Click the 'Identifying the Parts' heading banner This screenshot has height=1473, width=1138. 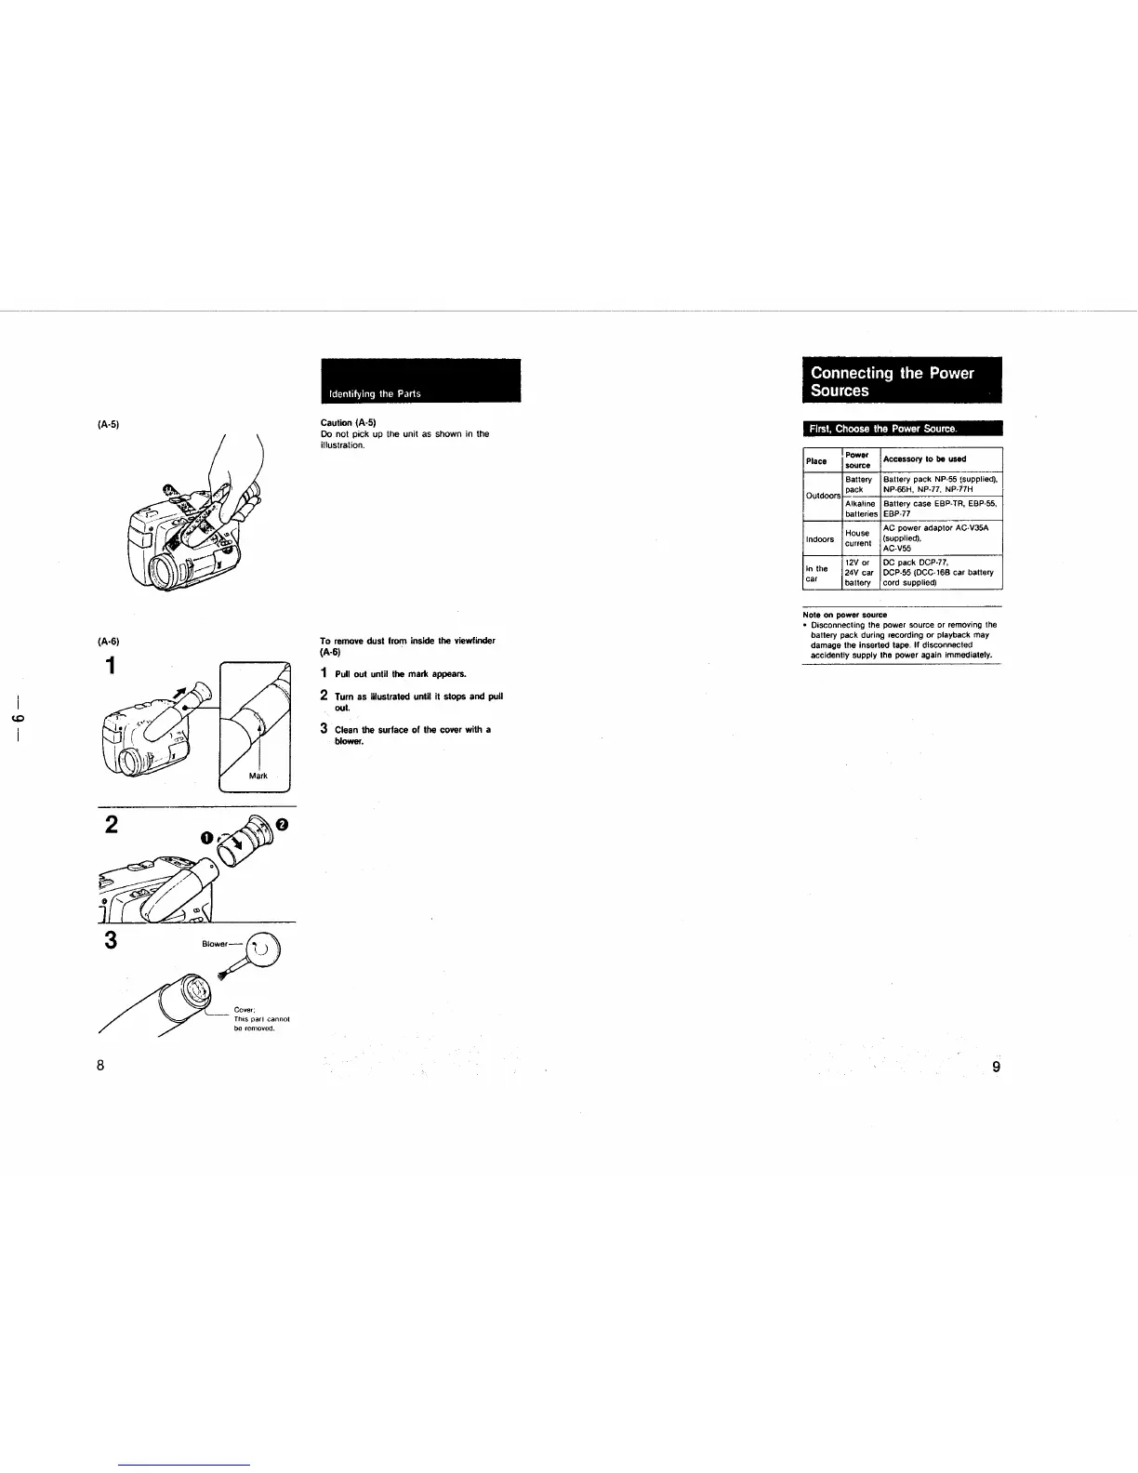coord(420,381)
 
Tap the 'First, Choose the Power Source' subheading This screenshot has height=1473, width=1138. coord(882,429)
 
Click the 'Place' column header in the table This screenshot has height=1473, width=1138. coord(816,460)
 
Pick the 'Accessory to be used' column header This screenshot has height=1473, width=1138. coord(924,459)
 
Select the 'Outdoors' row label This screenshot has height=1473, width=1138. coord(823,496)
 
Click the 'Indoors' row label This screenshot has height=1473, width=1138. coord(820,538)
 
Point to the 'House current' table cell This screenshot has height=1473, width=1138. coord(858,538)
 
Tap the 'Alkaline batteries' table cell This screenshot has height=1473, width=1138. coord(861,509)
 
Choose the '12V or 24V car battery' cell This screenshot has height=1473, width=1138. coord(858,573)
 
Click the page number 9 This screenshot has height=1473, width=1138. coord(996,1067)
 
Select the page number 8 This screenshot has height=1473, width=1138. coord(100,1066)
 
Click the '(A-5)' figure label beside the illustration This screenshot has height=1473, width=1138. coord(107,424)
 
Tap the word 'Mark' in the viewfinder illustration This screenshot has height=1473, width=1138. coord(258,775)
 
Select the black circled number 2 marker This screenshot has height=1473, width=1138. coord(283,824)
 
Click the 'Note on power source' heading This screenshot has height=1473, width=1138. coord(844,615)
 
